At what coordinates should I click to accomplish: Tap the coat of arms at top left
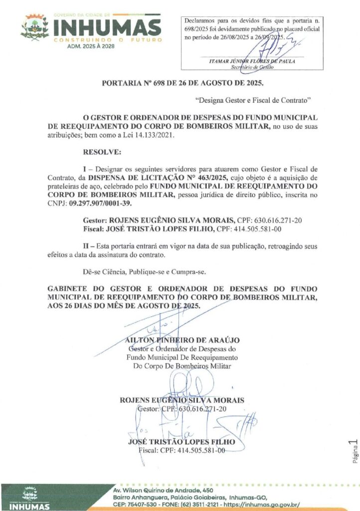[x=34, y=28]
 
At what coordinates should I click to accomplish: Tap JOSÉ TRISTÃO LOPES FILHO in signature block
[x=181, y=442]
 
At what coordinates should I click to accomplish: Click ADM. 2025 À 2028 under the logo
[x=90, y=46]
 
